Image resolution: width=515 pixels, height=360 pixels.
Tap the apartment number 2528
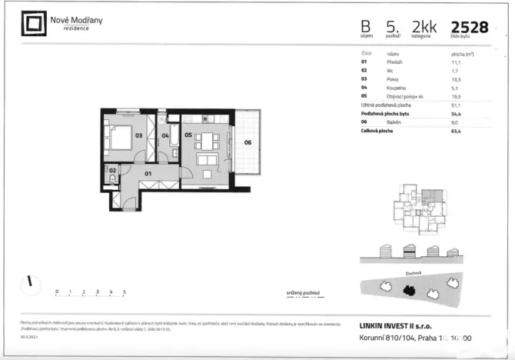(470, 27)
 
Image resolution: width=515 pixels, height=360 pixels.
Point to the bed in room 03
(119, 139)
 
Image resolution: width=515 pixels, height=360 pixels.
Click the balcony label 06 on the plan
(248, 142)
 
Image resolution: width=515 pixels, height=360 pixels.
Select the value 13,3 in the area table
(457, 78)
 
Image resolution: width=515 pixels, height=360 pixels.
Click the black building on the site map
(411, 290)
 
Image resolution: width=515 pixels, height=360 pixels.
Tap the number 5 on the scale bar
(125, 292)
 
